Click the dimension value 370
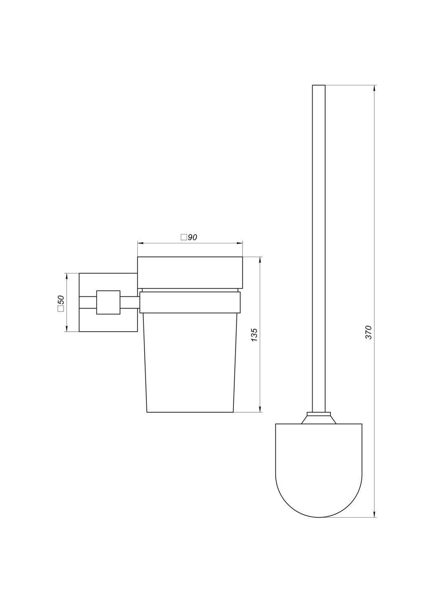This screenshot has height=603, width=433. pos(369,332)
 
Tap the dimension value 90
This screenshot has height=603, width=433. pos(192,237)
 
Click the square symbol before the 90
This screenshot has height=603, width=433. pos(183,237)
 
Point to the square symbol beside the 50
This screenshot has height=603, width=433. pos(60,309)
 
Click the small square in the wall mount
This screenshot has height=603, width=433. pos(108,302)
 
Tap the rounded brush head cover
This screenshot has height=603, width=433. pos(318,469)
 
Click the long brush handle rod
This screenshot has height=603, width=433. pos(318,247)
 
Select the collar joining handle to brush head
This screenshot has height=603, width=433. pos(319,418)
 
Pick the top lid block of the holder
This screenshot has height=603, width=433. pos(190,272)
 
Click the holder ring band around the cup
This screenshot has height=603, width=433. pos(190,303)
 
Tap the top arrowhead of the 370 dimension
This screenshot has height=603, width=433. pos(374,88)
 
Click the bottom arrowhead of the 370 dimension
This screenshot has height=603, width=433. pos(374,514)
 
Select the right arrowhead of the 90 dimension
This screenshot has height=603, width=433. pos(240,243)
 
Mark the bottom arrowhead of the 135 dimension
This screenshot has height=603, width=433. pos(260,409)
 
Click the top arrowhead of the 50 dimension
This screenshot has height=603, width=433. pos(67,276)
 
